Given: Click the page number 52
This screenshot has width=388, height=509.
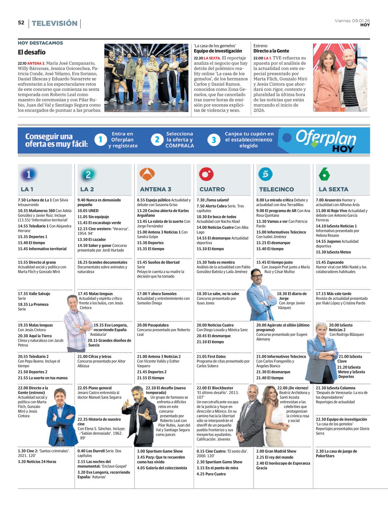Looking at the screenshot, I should click(21, 23).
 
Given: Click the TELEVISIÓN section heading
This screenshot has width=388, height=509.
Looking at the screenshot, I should click(55, 23).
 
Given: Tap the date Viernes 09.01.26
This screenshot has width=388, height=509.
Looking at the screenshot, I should click(352, 21).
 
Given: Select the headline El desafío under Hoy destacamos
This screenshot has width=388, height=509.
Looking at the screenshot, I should click(32, 52).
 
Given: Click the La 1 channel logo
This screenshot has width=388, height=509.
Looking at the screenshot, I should click(28, 175).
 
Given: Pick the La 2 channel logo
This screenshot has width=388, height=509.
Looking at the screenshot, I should click(88, 175).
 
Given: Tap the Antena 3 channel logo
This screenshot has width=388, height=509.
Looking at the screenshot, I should click(147, 175).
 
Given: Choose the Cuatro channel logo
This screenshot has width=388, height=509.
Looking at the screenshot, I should click(206, 175).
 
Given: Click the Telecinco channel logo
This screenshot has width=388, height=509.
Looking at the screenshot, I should click(265, 175).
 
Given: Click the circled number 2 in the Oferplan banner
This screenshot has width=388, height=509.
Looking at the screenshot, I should click(157, 140).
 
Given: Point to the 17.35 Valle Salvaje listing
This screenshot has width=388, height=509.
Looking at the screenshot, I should click(34, 294).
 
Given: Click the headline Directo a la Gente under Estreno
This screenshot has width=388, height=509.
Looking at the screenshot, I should click(271, 51).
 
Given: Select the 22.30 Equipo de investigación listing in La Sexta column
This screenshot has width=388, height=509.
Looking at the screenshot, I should click(341, 419).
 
